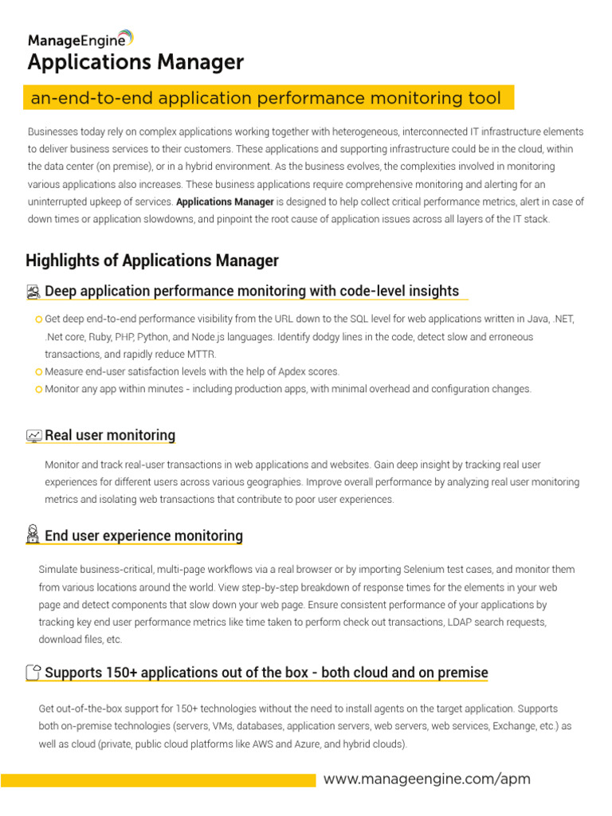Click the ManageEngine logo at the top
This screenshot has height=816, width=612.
tap(80, 38)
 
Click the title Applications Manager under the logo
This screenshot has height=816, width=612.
tap(135, 62)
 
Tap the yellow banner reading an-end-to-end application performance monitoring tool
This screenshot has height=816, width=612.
tap(266, 98)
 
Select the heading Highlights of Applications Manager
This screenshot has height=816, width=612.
tap(152, 261)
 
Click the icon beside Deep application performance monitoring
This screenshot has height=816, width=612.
tap(33, 292)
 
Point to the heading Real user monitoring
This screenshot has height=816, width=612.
tap(110, 435)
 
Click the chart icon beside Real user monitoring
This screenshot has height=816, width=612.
tap(33, 436)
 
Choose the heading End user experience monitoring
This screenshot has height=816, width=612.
tap(143, 535)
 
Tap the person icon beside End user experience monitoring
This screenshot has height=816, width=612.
tap(33, 535)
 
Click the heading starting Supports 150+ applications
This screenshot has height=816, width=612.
tap(266, 673)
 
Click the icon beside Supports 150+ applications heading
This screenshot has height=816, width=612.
tap(33, 673)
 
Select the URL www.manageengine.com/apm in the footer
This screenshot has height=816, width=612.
tap(426, 779)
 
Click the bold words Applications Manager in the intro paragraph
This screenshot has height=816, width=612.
tap(225, 202)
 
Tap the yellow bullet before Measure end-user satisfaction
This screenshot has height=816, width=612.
tap(39, 372)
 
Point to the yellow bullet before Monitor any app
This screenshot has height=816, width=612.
tap(39, 390)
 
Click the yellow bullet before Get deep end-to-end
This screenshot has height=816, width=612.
tap(39, 320)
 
